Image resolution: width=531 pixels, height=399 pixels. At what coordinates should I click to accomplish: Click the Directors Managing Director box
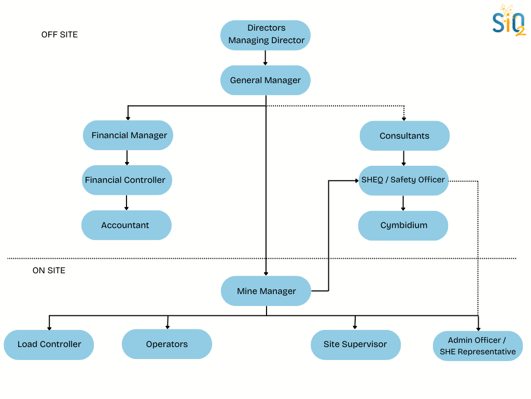click(x=265, y=35)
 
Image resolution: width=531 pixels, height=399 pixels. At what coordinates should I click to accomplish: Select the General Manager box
click(x=265, y=80)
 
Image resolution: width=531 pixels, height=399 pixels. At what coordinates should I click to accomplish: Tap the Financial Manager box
click(x=129, y=135)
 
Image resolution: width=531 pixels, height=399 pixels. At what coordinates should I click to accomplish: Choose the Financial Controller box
click(x=127, y=180)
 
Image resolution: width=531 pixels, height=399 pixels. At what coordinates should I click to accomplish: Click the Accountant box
click(x=126, y=225)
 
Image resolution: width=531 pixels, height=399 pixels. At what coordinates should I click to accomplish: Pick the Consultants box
click(x=404, y=136)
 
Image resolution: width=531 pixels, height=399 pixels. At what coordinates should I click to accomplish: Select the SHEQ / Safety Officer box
click(x=403, y=180)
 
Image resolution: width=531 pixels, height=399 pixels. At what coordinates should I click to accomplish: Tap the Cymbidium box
click(x=403, y=225)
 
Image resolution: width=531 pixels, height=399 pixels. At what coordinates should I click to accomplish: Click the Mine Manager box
click(x=266, y=291)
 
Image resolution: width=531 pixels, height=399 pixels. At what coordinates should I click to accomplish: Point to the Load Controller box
click(x=49, y=344)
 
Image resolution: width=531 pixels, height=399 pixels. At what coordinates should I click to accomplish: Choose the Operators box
click(x=167, y=344)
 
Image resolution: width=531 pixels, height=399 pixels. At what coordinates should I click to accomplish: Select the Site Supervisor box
click(x=355, y=344)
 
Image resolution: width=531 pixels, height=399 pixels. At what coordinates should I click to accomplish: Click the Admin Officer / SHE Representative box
click(x=478, y=346)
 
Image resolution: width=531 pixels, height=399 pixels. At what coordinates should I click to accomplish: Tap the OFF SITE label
click(x=60, y=35)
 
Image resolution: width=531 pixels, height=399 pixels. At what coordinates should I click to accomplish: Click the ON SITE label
click(x=49, y=271)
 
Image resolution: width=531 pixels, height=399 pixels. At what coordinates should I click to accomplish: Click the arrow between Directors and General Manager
click(x=265, y=58)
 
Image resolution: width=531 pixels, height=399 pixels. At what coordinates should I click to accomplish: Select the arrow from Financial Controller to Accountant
click(x=127, y=203)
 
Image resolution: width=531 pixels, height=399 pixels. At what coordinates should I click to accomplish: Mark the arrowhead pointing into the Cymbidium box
click(x=403, y=208)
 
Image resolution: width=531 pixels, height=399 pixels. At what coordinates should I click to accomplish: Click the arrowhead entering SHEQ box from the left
click(x=356, y=180)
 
